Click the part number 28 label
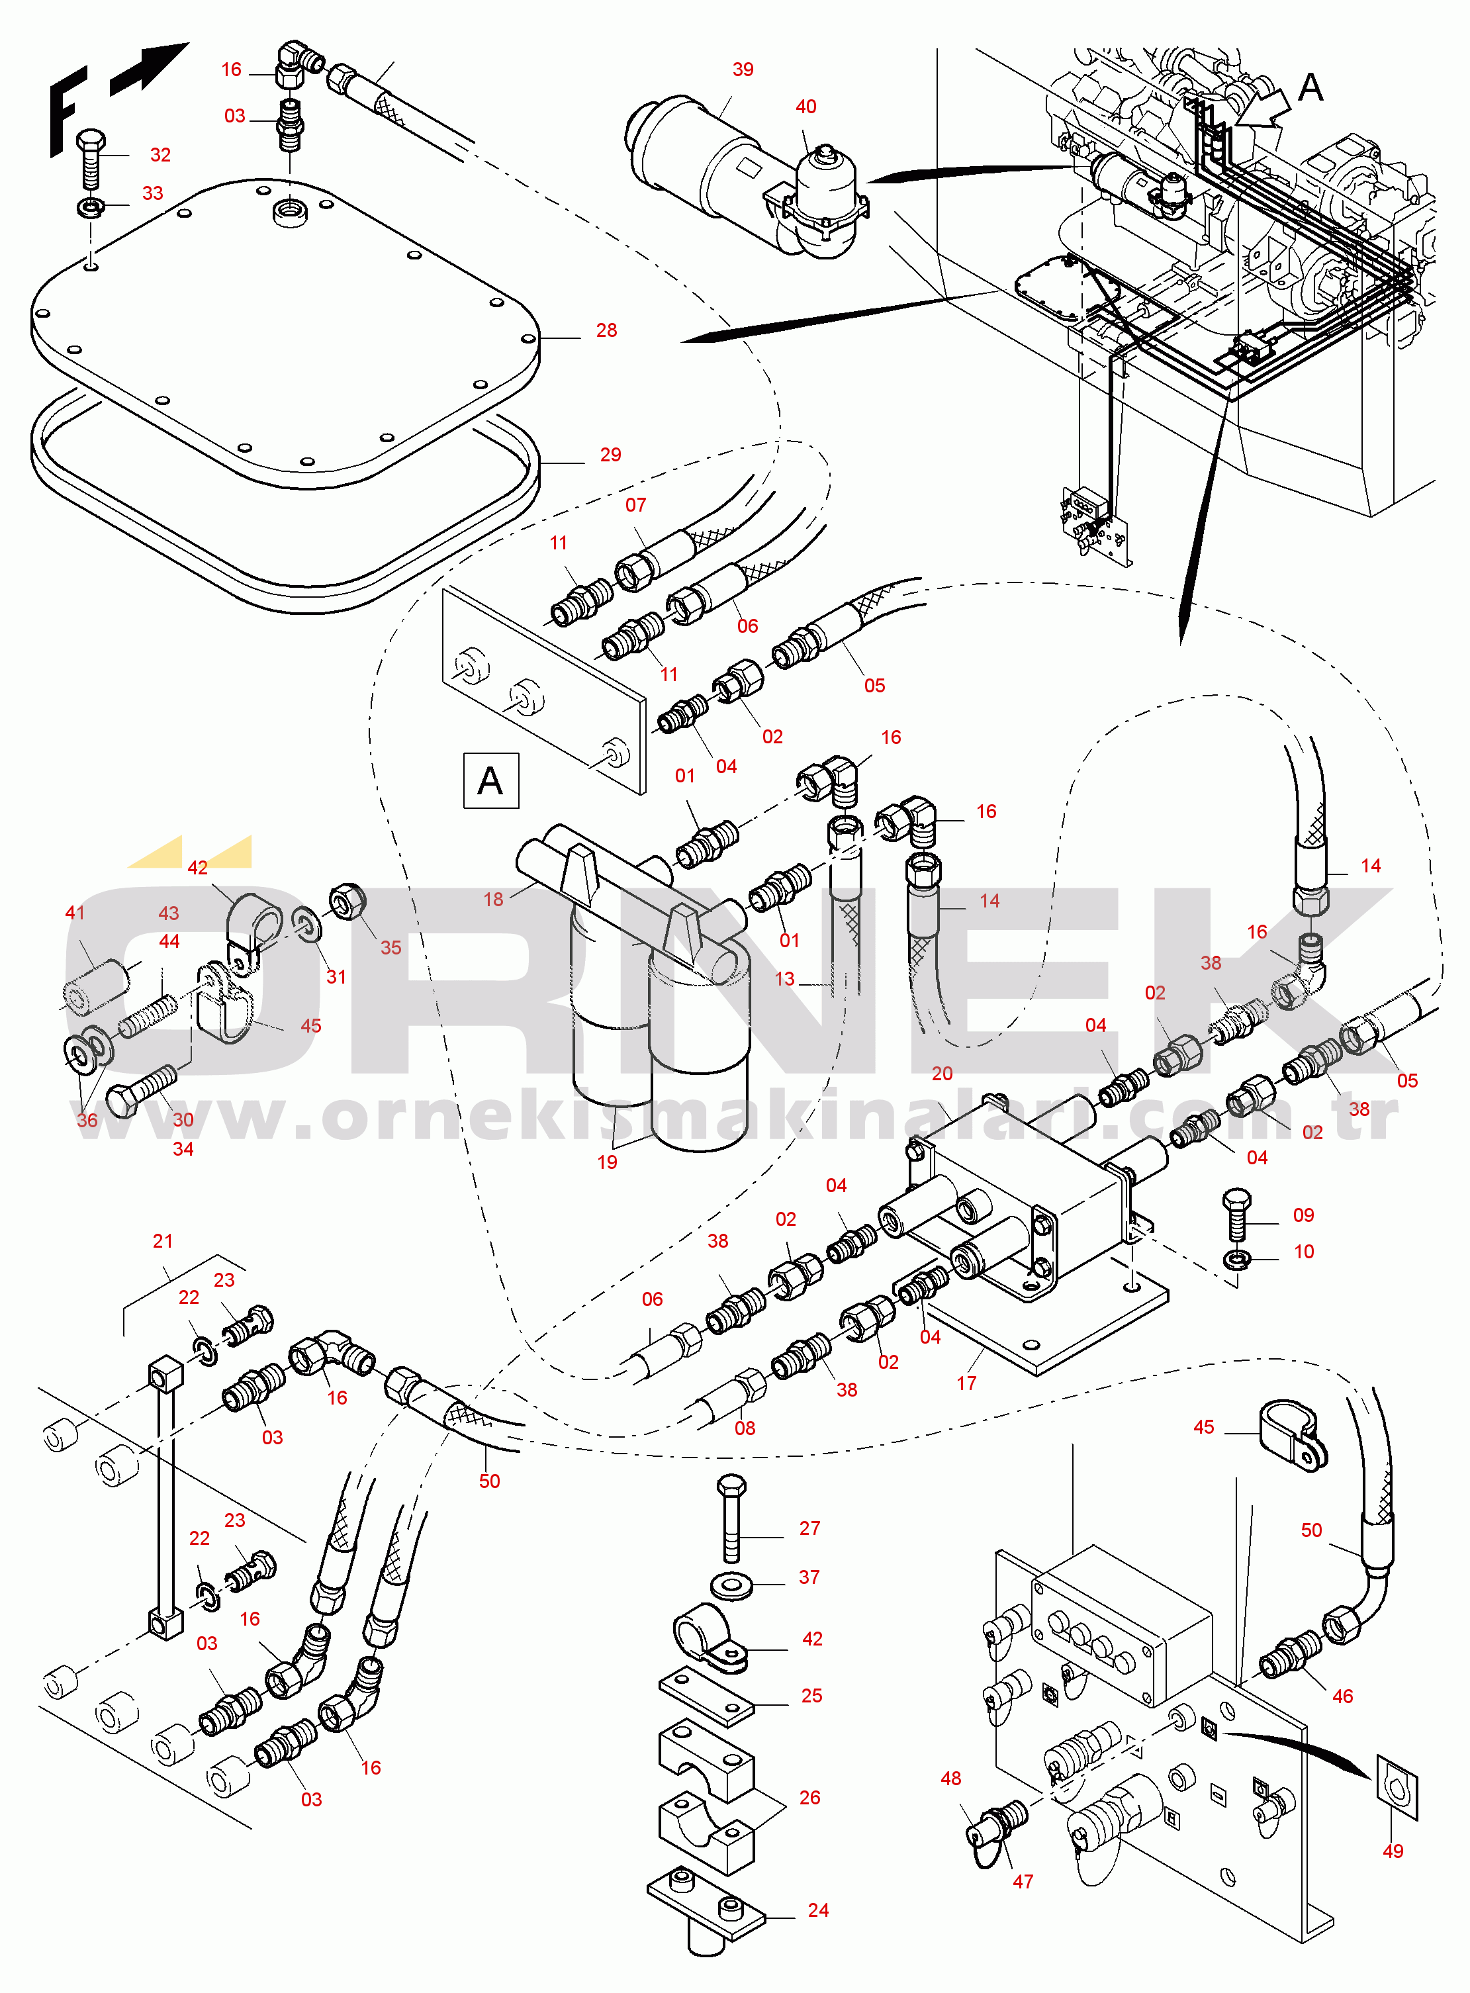tap(606, 330)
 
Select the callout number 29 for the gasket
tap(610, 455)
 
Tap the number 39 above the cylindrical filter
tap(743, 70)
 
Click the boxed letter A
tap(490, 780)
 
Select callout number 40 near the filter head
tap(805, 107)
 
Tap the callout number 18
tap(493, 899)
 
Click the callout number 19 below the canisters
tap(607, 1162)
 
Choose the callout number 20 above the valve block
tap(941, 1074)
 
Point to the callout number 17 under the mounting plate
tap(966, 1383)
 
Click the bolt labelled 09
tap(1237, 1215)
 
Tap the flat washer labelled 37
tap(731, 1585)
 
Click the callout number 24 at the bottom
tap(818, 1910)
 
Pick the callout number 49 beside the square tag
tap(1393, 1851)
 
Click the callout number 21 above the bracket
tap(163, 1240)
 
